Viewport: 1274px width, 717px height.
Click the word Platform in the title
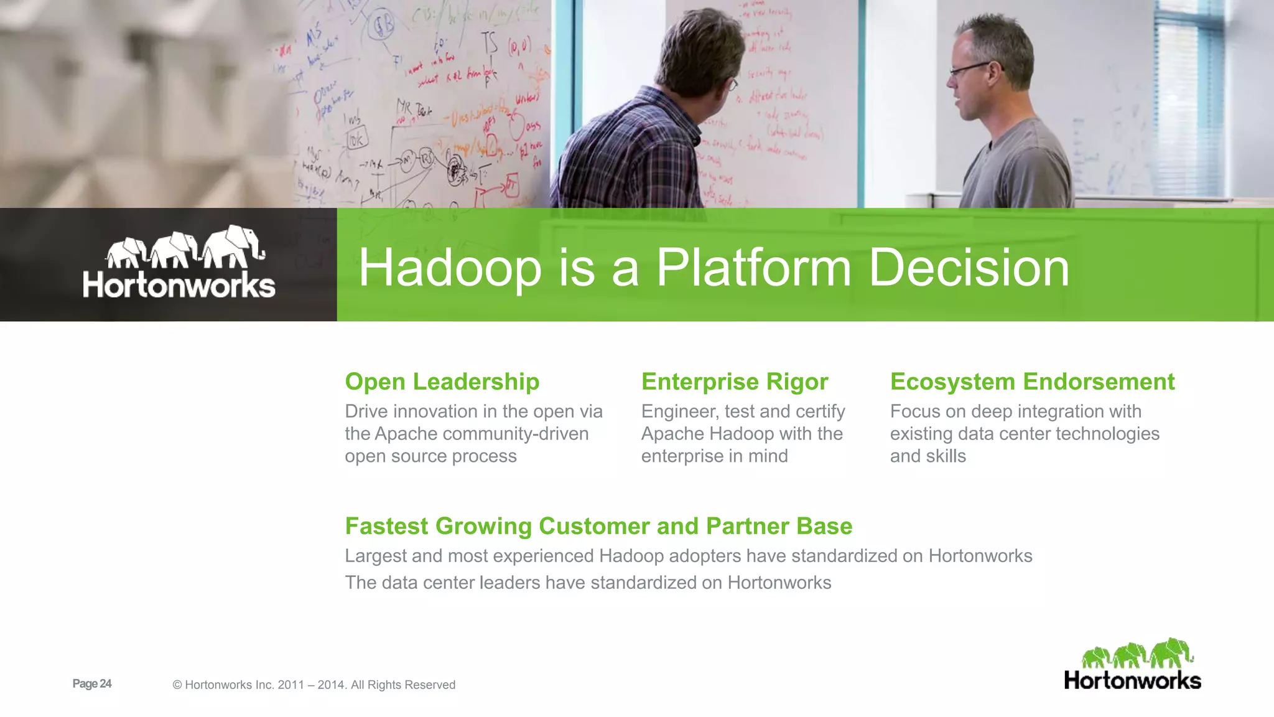click(753, 268)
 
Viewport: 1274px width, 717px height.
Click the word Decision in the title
click(969, 268)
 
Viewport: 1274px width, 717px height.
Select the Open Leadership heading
click(442, 382)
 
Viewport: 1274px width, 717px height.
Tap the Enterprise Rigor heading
click(734, 382)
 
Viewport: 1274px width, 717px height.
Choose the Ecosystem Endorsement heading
click(1032, 382)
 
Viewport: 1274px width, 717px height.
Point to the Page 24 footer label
click(91, 683)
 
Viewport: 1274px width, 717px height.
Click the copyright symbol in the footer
click(177, 685)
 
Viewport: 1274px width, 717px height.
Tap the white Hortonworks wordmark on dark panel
click(179, 285)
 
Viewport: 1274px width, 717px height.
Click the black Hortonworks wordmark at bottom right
click(1132, 680)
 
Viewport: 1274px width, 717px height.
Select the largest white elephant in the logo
click(235, 245)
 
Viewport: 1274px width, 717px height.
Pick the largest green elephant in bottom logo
click(1171, 653)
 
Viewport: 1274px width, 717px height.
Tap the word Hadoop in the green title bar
click(450, 268)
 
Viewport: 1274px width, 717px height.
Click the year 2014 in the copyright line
click(330, 685)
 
